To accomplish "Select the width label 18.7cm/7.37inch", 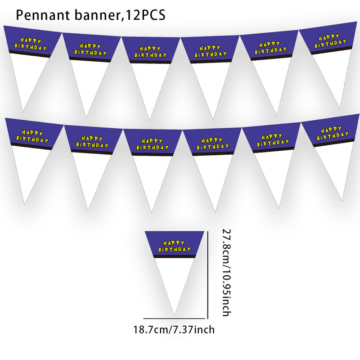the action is [174, 330].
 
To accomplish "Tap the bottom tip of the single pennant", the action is [174, 315].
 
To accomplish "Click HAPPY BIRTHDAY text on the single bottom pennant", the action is [175, 246].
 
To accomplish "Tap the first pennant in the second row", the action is [29, 153].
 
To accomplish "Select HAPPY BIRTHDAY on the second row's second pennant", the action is [92, 142].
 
